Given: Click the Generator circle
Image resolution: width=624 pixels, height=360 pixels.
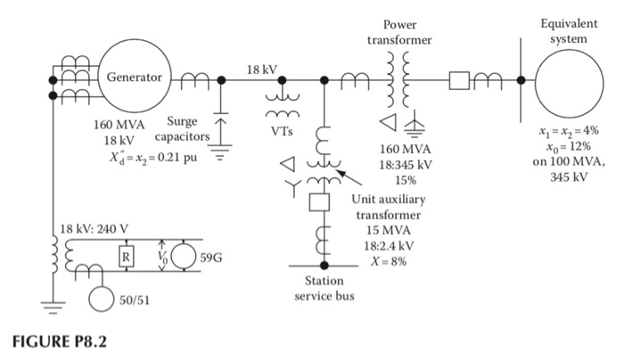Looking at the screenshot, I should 134,78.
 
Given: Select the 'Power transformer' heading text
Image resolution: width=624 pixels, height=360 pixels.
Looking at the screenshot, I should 399,33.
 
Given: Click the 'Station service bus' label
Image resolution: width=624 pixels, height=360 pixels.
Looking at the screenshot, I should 324,288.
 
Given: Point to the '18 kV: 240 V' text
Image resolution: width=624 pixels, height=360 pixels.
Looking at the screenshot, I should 93,227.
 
